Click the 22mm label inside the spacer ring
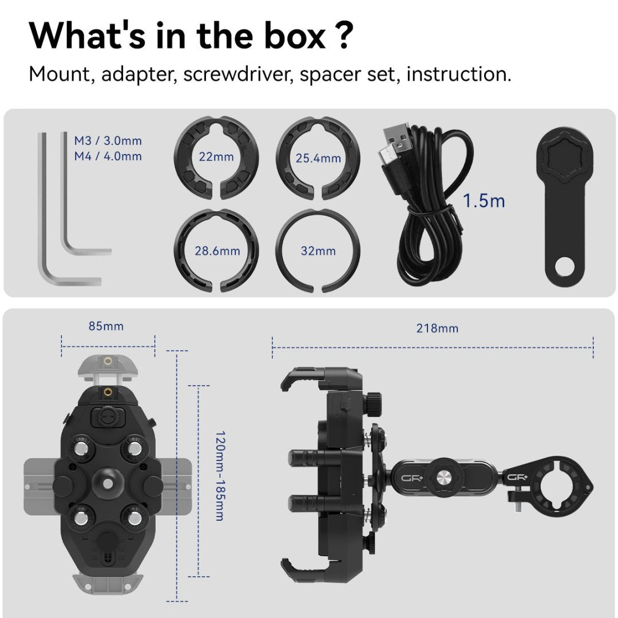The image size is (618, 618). [x=216, y=157]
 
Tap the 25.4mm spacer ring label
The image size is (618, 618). [x=318, y=159]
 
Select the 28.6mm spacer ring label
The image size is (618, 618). [x=217, y=251]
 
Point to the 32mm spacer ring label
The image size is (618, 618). [x=318, y=251]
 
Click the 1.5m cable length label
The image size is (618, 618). [x=484, y=201]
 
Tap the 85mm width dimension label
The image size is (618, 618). [x=106, y=326]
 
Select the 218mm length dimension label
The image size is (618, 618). [x=437, y=328]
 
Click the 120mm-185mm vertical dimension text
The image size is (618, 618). [x=220, y=476]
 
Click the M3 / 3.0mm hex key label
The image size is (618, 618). [x=108, y=141]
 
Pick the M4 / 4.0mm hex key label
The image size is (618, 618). [x=108, y=156]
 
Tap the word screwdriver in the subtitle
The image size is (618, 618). [x=238, y=74]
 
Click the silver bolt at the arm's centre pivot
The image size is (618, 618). [x=443, y=478]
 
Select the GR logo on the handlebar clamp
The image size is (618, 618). [x=517, y=478]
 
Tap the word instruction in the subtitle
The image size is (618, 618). [x=459, y=74]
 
